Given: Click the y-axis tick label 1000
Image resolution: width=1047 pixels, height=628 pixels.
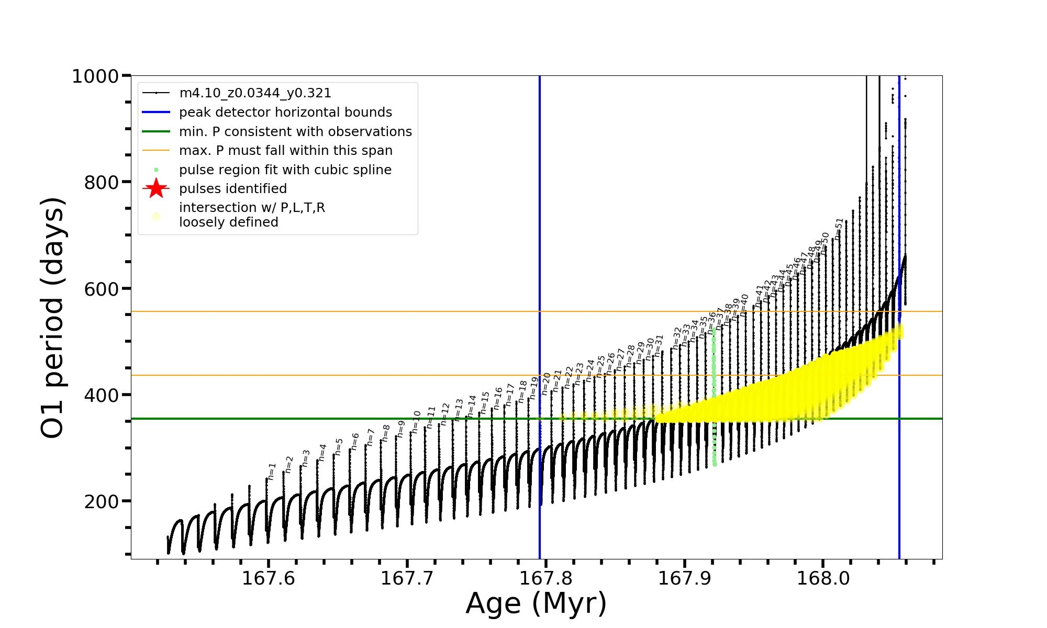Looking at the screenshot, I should pyautogui.click(x=95, y=76).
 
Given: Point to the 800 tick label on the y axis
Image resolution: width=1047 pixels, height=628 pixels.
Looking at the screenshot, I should pyautogui.click(x=102, y=183).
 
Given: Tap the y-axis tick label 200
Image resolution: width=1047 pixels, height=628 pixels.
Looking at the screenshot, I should pyautogui.click(x=102, y=502).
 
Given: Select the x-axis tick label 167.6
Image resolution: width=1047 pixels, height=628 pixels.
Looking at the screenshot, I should pyautogui.click(x=269, y=578).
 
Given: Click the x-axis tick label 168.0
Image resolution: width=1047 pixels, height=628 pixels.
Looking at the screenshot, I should pyautogui.click(x=823, y=578).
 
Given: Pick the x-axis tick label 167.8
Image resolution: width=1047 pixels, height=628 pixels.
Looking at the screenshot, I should pyautogui.click(x=545, y=578).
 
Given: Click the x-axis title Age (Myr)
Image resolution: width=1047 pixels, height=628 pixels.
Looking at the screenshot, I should pyautogui.click(x=536, y=603).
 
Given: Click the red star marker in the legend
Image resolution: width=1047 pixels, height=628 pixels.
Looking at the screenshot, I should pyautogui.click(x=156, y=188).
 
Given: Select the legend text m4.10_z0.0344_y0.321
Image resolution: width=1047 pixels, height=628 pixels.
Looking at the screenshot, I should pyautogui.click(x=255, y=93).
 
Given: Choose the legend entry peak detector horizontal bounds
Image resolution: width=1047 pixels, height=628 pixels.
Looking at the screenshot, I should pyautogui.click(x=285, y=113).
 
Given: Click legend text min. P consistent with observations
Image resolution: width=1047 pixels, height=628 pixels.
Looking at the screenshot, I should pyautogui.click(x=295, y=132).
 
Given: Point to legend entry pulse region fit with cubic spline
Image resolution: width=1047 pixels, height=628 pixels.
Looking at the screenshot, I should pyautogui.click(x=285, y=170).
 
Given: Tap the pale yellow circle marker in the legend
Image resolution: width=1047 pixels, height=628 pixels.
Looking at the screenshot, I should pyautogui.click(x=156, y=216).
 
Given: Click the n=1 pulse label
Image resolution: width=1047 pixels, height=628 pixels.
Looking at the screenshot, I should pyautogui.click(x=272, y=471).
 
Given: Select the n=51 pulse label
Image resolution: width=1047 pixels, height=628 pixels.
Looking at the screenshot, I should pyautogui.click(x=839, y=229).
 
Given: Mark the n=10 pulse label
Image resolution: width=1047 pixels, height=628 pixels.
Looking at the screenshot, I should pyautogui.click(x=416, y=422).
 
